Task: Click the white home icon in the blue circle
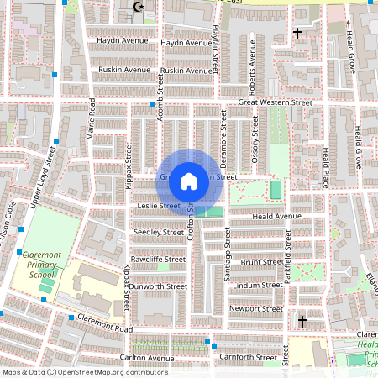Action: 189,180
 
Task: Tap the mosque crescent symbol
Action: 139,8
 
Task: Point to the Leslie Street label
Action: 158,206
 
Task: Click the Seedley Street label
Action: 159,232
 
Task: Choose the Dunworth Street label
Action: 159,286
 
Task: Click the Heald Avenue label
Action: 276,216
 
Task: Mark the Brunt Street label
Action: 260,261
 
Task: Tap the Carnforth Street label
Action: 247,357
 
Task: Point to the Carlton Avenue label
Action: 145,358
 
